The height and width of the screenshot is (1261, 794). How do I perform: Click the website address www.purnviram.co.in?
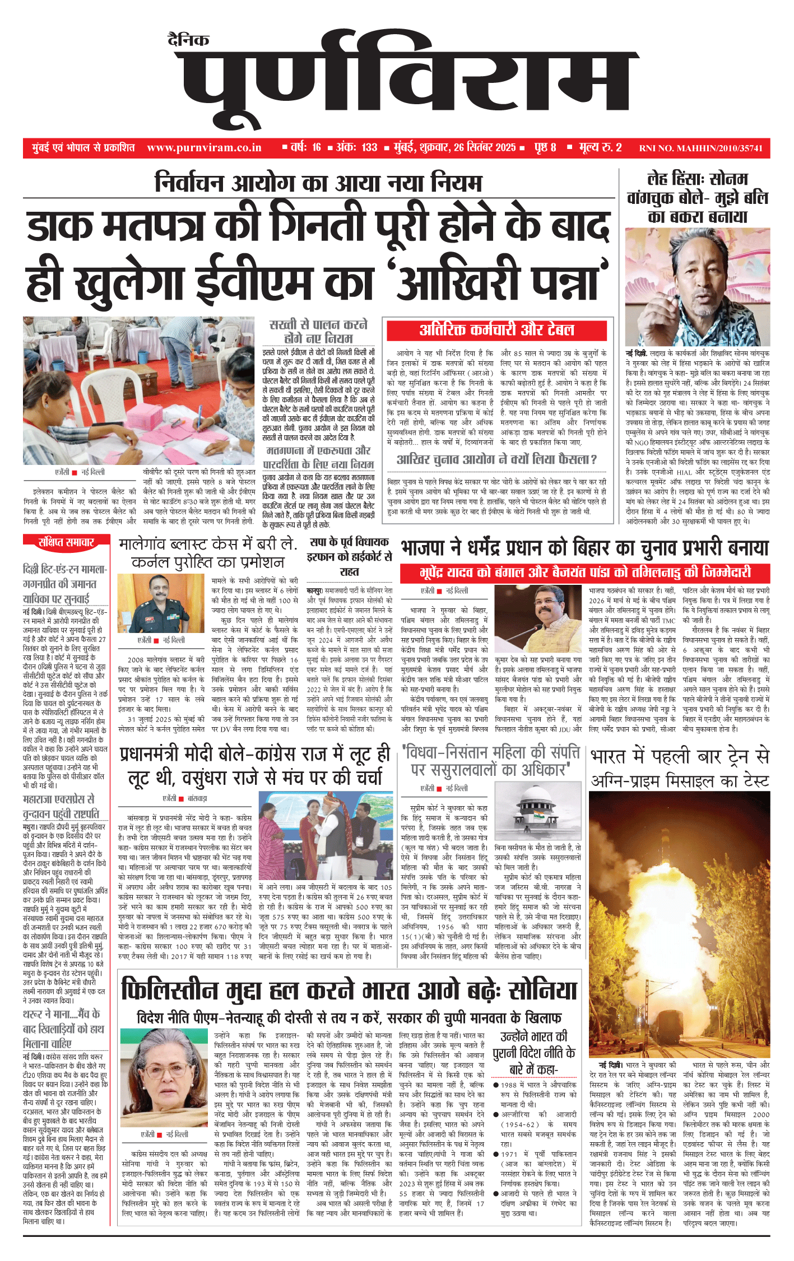pos(204,148)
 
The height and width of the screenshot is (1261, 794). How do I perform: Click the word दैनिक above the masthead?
pos(188,40)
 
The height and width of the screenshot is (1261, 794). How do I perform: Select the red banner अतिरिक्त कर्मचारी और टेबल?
pos(496,330)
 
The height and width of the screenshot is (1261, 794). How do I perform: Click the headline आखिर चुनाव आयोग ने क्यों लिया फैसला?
pos(496,460)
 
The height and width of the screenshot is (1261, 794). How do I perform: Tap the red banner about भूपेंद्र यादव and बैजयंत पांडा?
pos(584,573)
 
